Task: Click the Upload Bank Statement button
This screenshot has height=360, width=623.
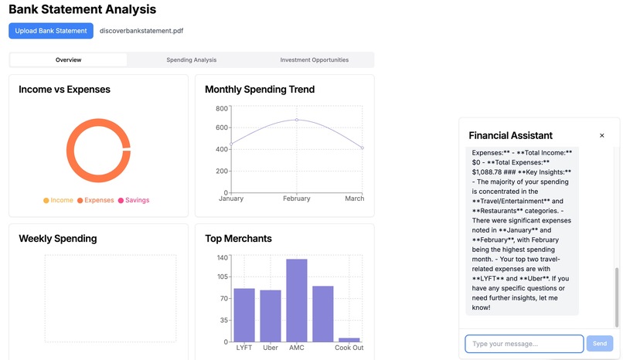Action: (51, 31)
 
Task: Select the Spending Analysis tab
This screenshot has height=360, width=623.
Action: (192, 59)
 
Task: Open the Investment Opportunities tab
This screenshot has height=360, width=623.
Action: (314, 59)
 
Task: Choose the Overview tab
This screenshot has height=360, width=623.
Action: (68, 59)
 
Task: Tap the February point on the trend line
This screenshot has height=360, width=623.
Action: (296, 120)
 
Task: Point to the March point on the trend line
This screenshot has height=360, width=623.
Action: (362, 148)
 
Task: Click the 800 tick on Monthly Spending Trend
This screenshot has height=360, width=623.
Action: (222, 108)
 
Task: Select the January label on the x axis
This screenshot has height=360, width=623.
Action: (231, 199)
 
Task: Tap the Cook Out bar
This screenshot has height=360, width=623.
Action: (349, 339)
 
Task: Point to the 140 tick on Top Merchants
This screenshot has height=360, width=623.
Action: (222, 257)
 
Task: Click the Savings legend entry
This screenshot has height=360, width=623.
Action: (133, 200)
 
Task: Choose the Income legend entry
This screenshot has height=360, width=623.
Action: (58, 200)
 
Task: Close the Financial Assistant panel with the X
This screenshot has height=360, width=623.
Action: (602, 135)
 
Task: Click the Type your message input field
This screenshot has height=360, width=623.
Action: (523, 343)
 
